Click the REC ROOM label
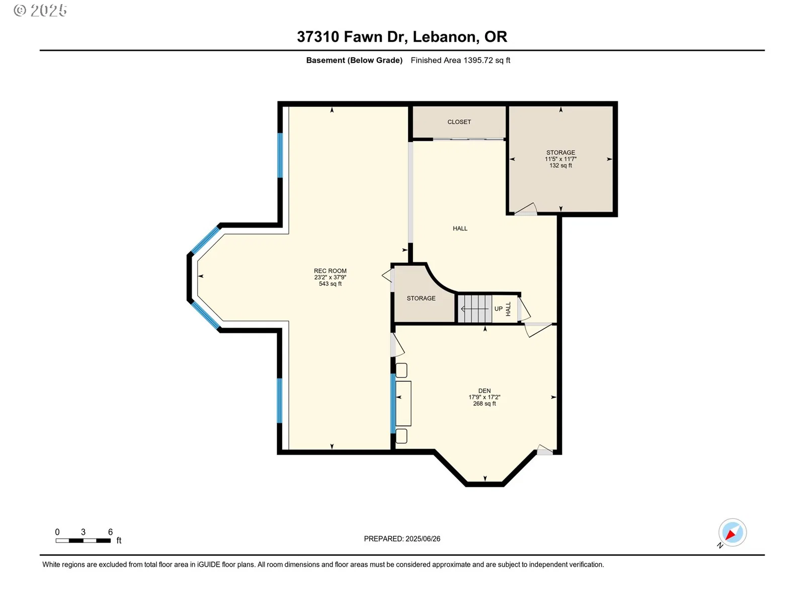pos(330,271)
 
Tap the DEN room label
pos(485,391)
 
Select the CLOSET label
pos(459,122)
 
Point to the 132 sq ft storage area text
pos(560,166)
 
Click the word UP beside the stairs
pos(499,309)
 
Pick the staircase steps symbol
pos(475,309)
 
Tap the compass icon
pos(732,533)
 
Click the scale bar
pos(83,541)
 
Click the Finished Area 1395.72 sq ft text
pos(460,60)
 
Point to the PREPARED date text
pos(402,539)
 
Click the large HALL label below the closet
pos(460,229)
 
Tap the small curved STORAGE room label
pos(421,298)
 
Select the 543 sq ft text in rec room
pos(330,284)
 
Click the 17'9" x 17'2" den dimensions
pos(485,397)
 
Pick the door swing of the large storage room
pos(526,209)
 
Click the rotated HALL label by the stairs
pos(508,309)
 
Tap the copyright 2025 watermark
pos(40,10)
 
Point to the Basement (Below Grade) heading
pos(354,60)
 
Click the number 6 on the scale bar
pos(110,532)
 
